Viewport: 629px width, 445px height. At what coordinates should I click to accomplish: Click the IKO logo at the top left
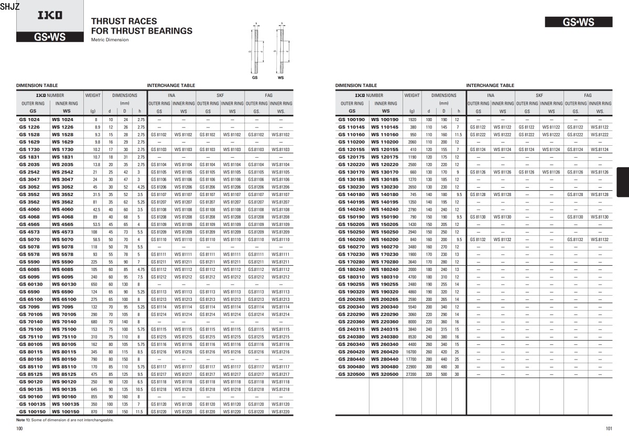pyautogui.click(x=50, y=15)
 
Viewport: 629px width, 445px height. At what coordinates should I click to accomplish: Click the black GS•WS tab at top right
pyautogui.click(x=579, y=22)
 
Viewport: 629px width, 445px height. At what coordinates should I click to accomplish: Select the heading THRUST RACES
pyautogui.click(x=124, y=21)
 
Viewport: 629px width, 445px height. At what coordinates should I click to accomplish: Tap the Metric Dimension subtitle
pyautogui.click(x=110, y=40)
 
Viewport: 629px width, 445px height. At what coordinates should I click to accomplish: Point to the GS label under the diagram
pyautogui.click(x=255, y=77)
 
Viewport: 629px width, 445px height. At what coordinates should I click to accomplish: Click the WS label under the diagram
pyautogui.click(x=280, y=77)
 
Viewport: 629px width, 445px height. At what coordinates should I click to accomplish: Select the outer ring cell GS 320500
pyautogui.click(x=352, y=374)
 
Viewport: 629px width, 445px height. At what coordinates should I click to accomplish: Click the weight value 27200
pyautogui.click(x=413, y=374)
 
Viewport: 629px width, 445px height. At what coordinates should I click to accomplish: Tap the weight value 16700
pyautogui.click(x=413, y=352)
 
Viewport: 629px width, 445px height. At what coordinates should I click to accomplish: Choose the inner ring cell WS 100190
pyautogui.click(x=386, y=120)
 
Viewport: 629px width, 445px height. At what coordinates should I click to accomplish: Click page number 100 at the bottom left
pyautogui.click(x=19, y=429)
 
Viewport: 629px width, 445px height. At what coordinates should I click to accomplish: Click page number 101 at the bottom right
pyautogui.click(x=609, y=429)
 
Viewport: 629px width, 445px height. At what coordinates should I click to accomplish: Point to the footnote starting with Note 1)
pyautogui.click(x=64, y=420)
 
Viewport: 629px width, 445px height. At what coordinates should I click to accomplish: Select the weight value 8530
pyautogui.click(x=413, y=337)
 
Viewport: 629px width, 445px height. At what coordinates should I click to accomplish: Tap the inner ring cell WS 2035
pyautogui.click(x=62, y=164)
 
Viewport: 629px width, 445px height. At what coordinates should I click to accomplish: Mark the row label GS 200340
pyautogui.click(x=352, y=307)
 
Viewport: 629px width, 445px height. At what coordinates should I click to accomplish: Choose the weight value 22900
pyautogui.click(x=413, y=367)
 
